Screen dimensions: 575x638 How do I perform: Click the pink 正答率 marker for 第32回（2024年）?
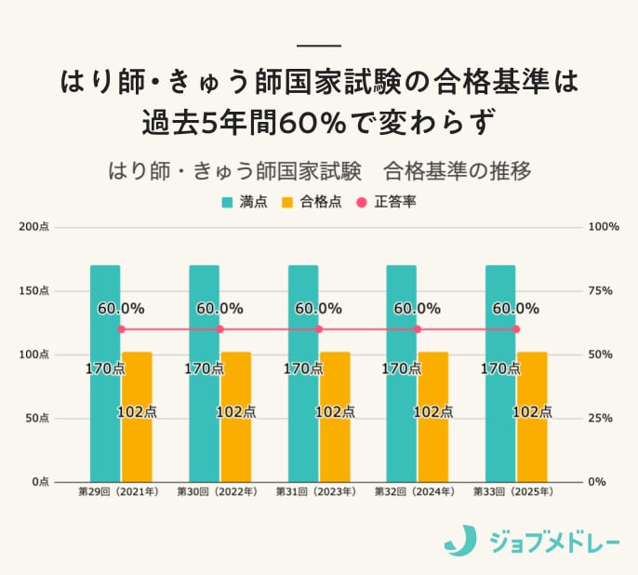[x=418, y=329]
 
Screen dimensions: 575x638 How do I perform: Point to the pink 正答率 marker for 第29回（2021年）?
[x=121, y=329]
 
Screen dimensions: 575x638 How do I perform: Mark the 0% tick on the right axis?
[x=599, y=482]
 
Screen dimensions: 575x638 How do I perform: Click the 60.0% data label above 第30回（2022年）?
[x=219, y=308]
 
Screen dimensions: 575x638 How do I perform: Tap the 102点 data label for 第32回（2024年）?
[x=433, y=411]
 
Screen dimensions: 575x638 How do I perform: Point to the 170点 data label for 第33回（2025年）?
[x=500, y=368]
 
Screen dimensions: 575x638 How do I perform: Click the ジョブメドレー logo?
[x=531, y=540]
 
